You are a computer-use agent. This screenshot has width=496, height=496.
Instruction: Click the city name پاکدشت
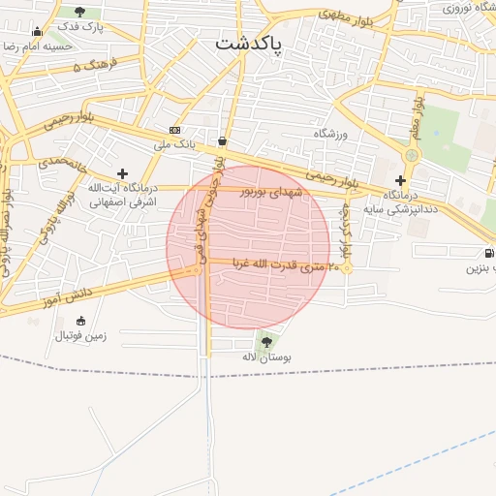(248, 44)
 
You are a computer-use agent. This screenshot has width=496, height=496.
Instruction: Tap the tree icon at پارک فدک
(79, 12)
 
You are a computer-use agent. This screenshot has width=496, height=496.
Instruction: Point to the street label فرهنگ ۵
(94, 66)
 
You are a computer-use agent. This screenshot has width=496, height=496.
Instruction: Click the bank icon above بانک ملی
(174, 130)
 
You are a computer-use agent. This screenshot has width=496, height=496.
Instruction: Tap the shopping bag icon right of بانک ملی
(223, 141)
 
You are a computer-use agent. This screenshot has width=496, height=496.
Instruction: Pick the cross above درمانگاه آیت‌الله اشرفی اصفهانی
(122, 172)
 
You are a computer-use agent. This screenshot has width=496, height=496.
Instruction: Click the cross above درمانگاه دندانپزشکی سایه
(400, 180)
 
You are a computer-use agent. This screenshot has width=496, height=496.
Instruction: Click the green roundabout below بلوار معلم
(413, 154)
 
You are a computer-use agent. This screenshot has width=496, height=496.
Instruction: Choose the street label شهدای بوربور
(272, 192)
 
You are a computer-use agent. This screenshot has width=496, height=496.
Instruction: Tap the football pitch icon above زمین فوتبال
(80, 322)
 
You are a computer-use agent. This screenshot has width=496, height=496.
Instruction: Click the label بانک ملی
(174, 144)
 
